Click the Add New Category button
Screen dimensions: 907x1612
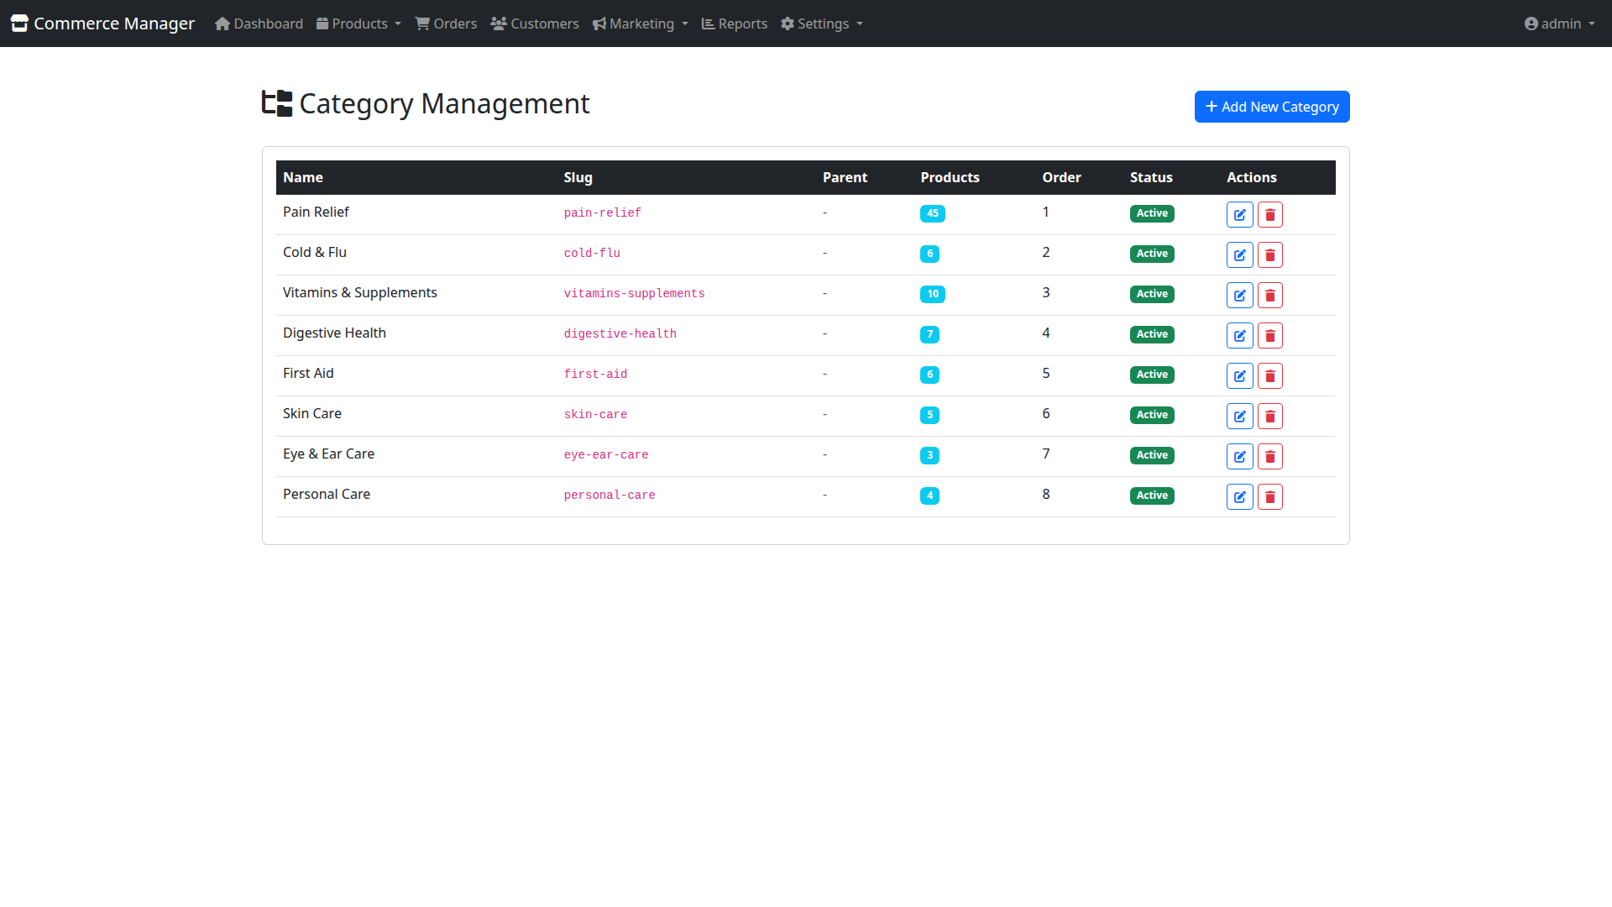point(1271,107)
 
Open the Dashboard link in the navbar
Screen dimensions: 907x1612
point(259,24)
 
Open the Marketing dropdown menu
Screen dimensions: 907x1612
point(641,24)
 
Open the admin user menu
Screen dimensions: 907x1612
point(1559,24)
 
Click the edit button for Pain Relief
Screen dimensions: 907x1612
point(1239,214)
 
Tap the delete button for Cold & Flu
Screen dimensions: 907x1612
point(1269,254)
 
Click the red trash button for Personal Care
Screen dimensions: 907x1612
point(1269,496)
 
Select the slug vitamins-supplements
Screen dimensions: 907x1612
point(634,293)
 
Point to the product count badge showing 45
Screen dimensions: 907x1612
point(932,213)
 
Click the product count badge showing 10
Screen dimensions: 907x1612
point(932,294)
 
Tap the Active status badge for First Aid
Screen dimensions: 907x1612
point(1151,375)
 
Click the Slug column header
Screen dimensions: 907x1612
point(578,177)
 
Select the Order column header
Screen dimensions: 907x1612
point(1061,177)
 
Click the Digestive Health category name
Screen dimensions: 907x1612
point(334,333)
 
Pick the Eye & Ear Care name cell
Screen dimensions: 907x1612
point(328,453)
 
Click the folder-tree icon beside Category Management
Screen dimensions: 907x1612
point(277,103)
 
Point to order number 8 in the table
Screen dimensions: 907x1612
point(1045,494)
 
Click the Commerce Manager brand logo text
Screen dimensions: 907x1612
point(114,24)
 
